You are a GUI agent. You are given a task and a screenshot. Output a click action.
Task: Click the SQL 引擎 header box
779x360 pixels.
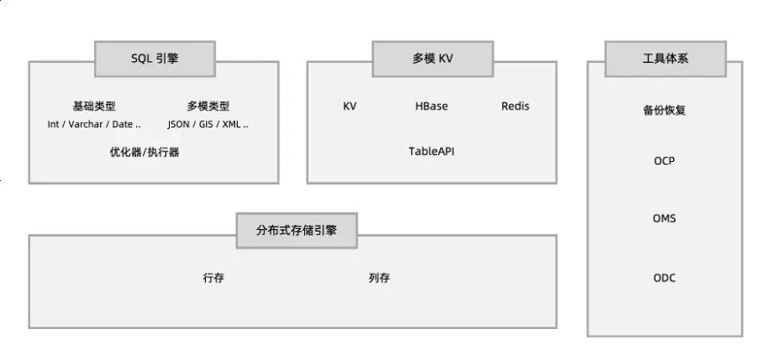click(155, 59)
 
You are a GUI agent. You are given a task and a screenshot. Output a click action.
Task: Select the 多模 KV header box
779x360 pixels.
click(432, 59)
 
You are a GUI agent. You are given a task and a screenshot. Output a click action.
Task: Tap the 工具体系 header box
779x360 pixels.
click(665, 59)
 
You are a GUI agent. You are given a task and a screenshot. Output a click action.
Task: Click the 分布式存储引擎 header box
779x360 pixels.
click(296, 230)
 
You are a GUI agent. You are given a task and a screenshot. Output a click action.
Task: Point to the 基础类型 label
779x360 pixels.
click(94, 107)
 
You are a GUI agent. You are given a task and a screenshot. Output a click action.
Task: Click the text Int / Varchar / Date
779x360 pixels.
click(94, 124)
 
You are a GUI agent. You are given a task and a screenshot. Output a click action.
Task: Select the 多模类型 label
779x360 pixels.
click(208, 107)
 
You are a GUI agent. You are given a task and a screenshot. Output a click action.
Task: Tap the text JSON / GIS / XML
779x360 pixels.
click(208, 124)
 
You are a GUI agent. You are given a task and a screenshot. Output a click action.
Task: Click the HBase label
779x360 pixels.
click(432, 107)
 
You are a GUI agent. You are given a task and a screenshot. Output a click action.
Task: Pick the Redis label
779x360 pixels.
click(515, 107)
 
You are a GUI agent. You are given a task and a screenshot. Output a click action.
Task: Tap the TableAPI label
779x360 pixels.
click(432, 151)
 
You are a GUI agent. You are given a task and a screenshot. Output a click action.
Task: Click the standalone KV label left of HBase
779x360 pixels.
click(350, 107)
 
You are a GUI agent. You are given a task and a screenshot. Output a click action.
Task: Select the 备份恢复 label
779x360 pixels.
click(664, 111)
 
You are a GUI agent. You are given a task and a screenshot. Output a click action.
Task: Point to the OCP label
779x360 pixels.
click(664, 161)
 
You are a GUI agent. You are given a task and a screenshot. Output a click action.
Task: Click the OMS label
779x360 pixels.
click(664, 219)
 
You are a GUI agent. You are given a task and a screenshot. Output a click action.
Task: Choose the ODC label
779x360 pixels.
click(664, 277)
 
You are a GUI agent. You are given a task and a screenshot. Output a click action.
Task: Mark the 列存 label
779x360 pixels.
click(379, 278)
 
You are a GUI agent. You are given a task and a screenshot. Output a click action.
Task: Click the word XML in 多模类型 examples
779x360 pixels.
click(230, 124)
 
